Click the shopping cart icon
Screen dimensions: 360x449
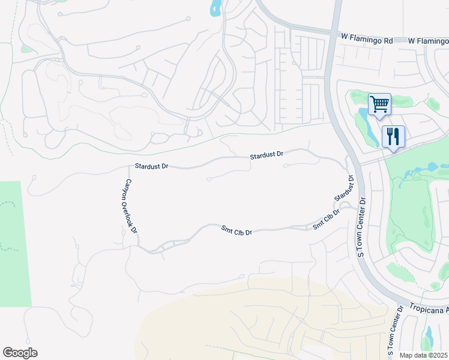tap(379, 104)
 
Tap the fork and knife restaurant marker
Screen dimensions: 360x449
tap(393, 136)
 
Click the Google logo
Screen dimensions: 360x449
tap(20, 353)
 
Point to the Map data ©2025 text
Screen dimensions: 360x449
tap(424, 355)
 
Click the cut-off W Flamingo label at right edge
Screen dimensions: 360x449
tap(428, 41)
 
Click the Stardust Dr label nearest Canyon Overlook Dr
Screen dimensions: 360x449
tap(152, 165)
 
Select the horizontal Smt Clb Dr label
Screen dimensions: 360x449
tap(237, 230)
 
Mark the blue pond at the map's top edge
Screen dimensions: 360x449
tap(215, 8)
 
